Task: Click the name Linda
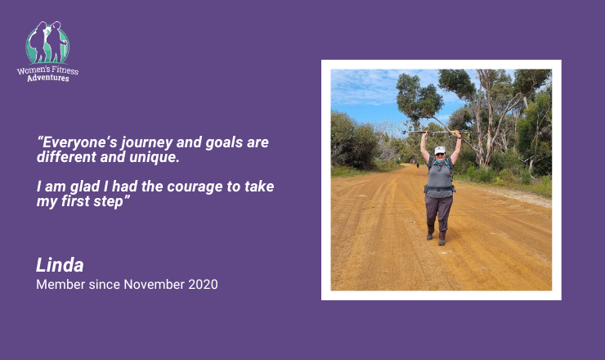click(60, 265)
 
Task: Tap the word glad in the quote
click(85, 187)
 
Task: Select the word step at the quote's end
click(108, 201)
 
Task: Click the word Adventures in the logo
click(48, 78)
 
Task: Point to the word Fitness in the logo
click(65, 70)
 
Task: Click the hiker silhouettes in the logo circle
click(47, 42)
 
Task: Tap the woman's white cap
click(440, 150)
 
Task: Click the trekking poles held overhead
click(434, 133)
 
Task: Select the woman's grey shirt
click(440, 177)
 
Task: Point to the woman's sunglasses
click(440, 154)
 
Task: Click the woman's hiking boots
click(437, 236)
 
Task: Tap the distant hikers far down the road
click(415, 163)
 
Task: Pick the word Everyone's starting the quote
click(77, 143)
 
